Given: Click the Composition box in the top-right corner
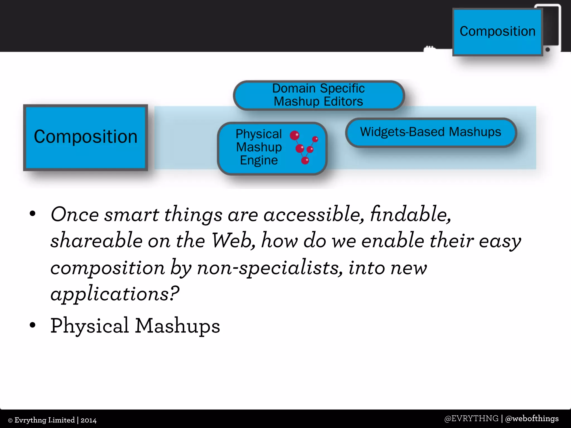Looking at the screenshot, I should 497,32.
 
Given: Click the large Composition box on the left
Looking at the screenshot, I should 85,137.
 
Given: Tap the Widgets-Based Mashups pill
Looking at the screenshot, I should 431,132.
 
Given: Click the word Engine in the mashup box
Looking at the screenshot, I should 259,160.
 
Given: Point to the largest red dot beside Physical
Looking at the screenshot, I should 294,135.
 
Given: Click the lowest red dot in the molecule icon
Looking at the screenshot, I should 305,160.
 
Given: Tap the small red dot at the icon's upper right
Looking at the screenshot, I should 315,139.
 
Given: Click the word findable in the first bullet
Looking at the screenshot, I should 410,215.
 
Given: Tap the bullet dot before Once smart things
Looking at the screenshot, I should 33,214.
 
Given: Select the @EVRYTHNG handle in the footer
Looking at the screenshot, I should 471,419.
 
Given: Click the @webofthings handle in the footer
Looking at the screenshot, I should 532,419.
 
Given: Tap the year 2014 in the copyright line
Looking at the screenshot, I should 88,420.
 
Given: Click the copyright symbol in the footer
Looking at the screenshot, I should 10,420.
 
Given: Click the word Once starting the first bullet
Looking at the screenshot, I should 75,215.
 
